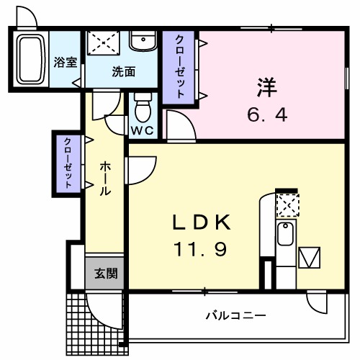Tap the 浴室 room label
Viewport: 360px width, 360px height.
(66, 62)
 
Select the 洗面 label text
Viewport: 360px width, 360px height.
(123, 71)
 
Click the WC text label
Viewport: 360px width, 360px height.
(141, 130)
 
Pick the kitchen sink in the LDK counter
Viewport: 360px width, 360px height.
(286, 234)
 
